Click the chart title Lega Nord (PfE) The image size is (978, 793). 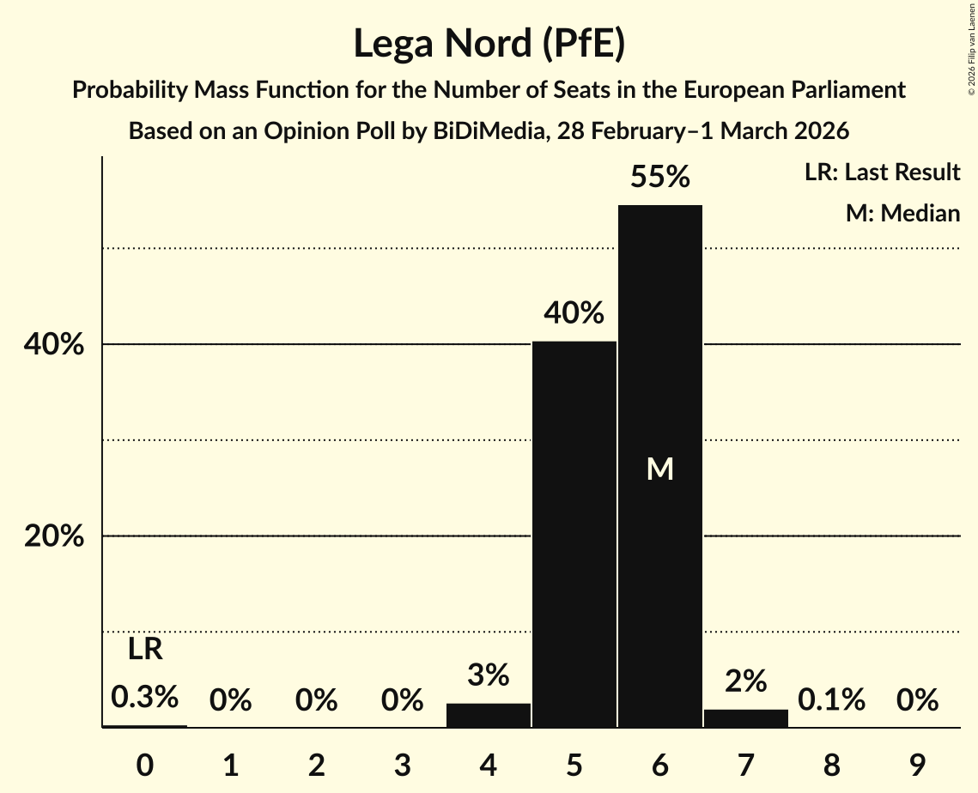tap(489, 45)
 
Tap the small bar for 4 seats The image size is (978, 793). tap(488, 716)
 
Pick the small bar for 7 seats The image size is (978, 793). tap(745, 718)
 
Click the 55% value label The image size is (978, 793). tap(659, 178)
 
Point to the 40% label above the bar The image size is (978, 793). tap(574, 314)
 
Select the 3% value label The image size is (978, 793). tap(488, 676)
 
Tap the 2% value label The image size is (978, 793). tap(745, 681)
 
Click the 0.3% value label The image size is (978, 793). tap(145, 697)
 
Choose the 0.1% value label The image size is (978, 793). tap(830, 700)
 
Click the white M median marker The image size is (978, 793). tap(659, 469)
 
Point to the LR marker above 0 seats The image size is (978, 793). tap(145, 650)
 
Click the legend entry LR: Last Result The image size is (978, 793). tap(882, 173)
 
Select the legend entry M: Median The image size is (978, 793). tap(902, 213)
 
